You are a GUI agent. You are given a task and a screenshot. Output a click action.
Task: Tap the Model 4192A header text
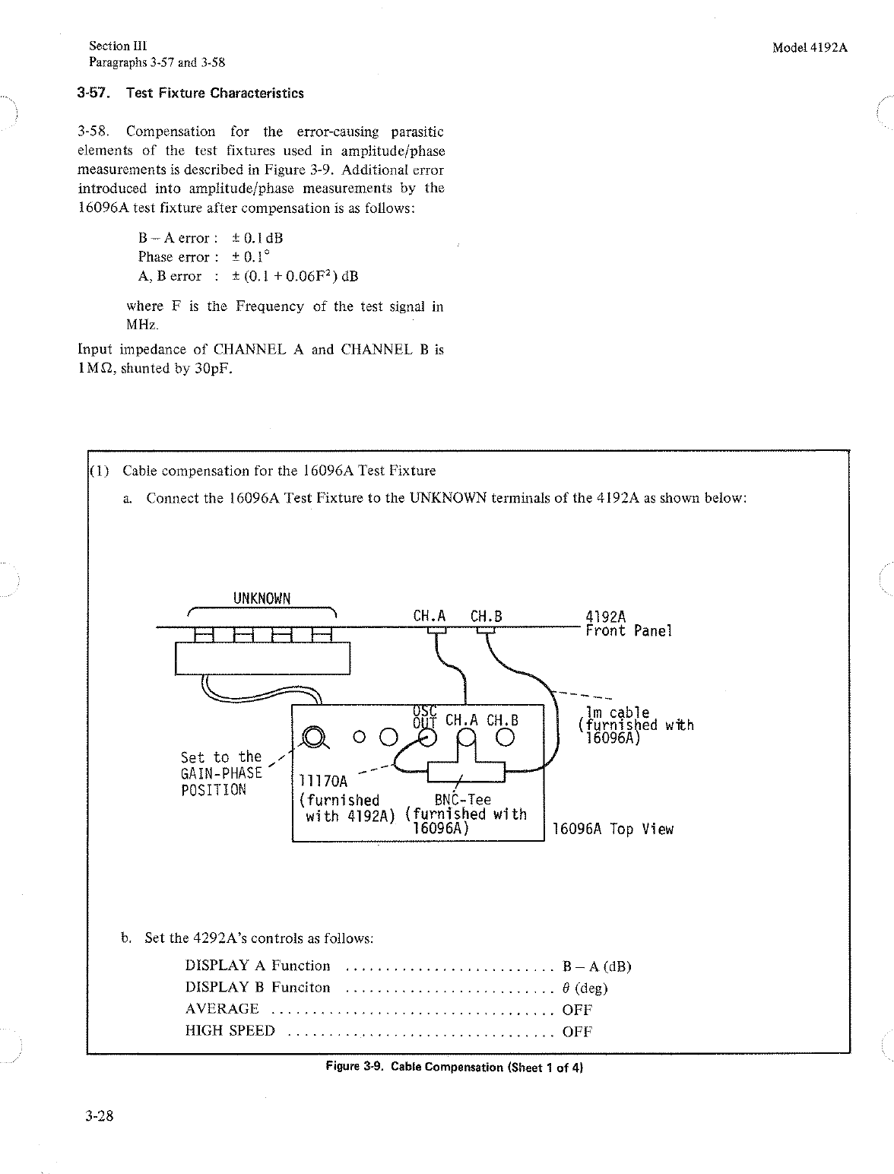[x=810, y=47]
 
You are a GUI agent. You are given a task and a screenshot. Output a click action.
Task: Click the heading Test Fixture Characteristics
[x=214, y=94]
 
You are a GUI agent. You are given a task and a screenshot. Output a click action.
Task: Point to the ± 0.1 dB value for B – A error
[x=257, y=238]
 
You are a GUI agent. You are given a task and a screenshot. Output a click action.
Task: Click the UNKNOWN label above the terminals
[x=262, y=598]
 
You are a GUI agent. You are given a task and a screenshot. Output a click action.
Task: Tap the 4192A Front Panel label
[x=629, y=624]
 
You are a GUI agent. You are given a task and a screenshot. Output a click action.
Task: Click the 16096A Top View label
[x=613, y=829]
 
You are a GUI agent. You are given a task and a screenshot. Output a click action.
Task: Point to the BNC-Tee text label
[x=462, y=800]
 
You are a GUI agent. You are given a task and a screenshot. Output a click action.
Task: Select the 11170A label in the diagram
[x=323, y=782]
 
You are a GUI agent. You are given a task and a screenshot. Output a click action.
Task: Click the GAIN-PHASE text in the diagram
[x=221, y=773]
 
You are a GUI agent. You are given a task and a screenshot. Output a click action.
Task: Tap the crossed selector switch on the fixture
[x=312, y=736]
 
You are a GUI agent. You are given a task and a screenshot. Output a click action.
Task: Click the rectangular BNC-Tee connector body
[x=466, y=773]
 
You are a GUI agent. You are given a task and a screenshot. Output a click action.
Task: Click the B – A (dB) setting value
[x=597, y=966]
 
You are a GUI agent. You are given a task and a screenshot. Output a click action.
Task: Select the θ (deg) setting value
[x=584, y=988]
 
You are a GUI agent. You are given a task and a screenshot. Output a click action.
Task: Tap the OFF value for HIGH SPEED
[x=577, y=1032]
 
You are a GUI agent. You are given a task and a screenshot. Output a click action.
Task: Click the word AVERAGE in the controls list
[x=222, y=1009]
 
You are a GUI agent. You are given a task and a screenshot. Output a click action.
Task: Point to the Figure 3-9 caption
[x=454, y=1067]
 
